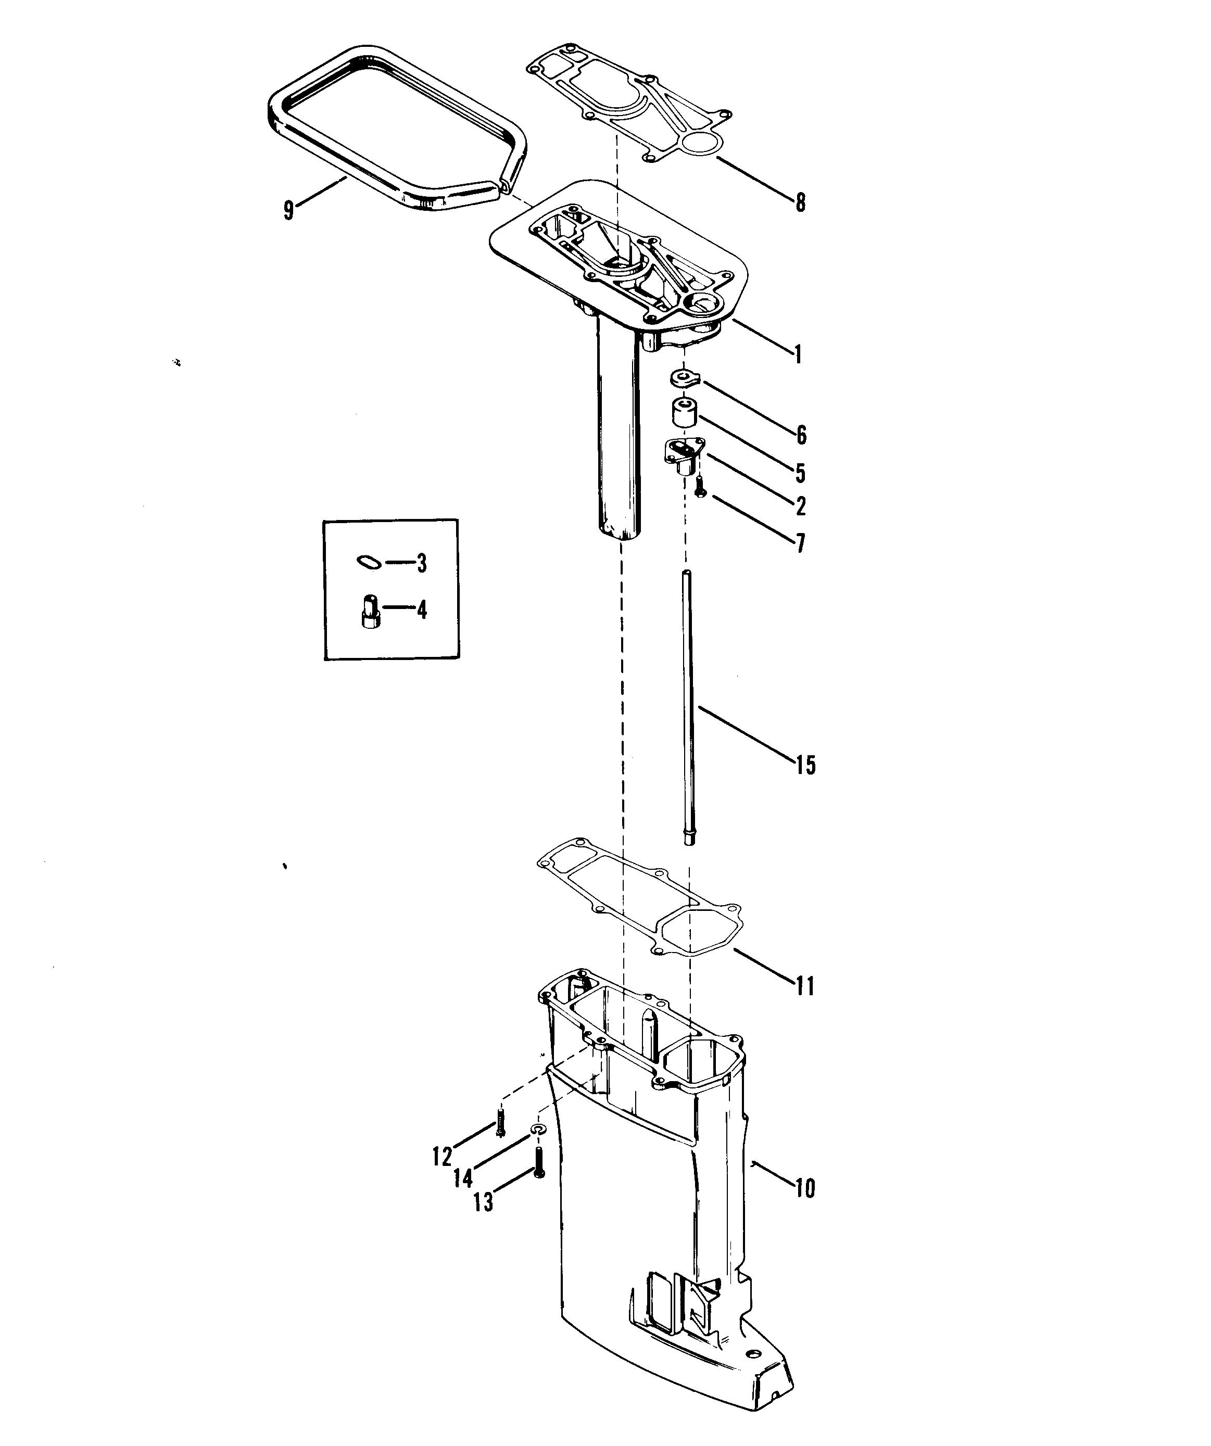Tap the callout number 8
(800, 202)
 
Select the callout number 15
(805, 765)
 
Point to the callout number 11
(804, 986)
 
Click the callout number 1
(798, 354)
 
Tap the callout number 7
(800, 543)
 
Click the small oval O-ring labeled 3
(370, 563)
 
